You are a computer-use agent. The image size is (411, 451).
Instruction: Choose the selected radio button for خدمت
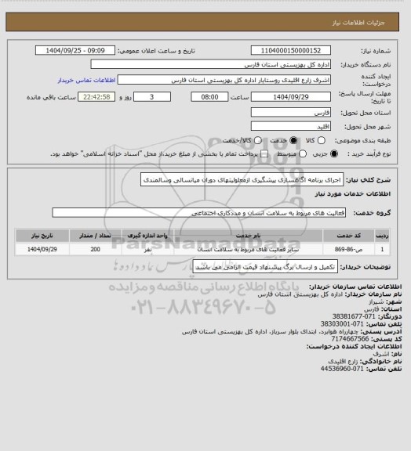(x=294, y=139)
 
